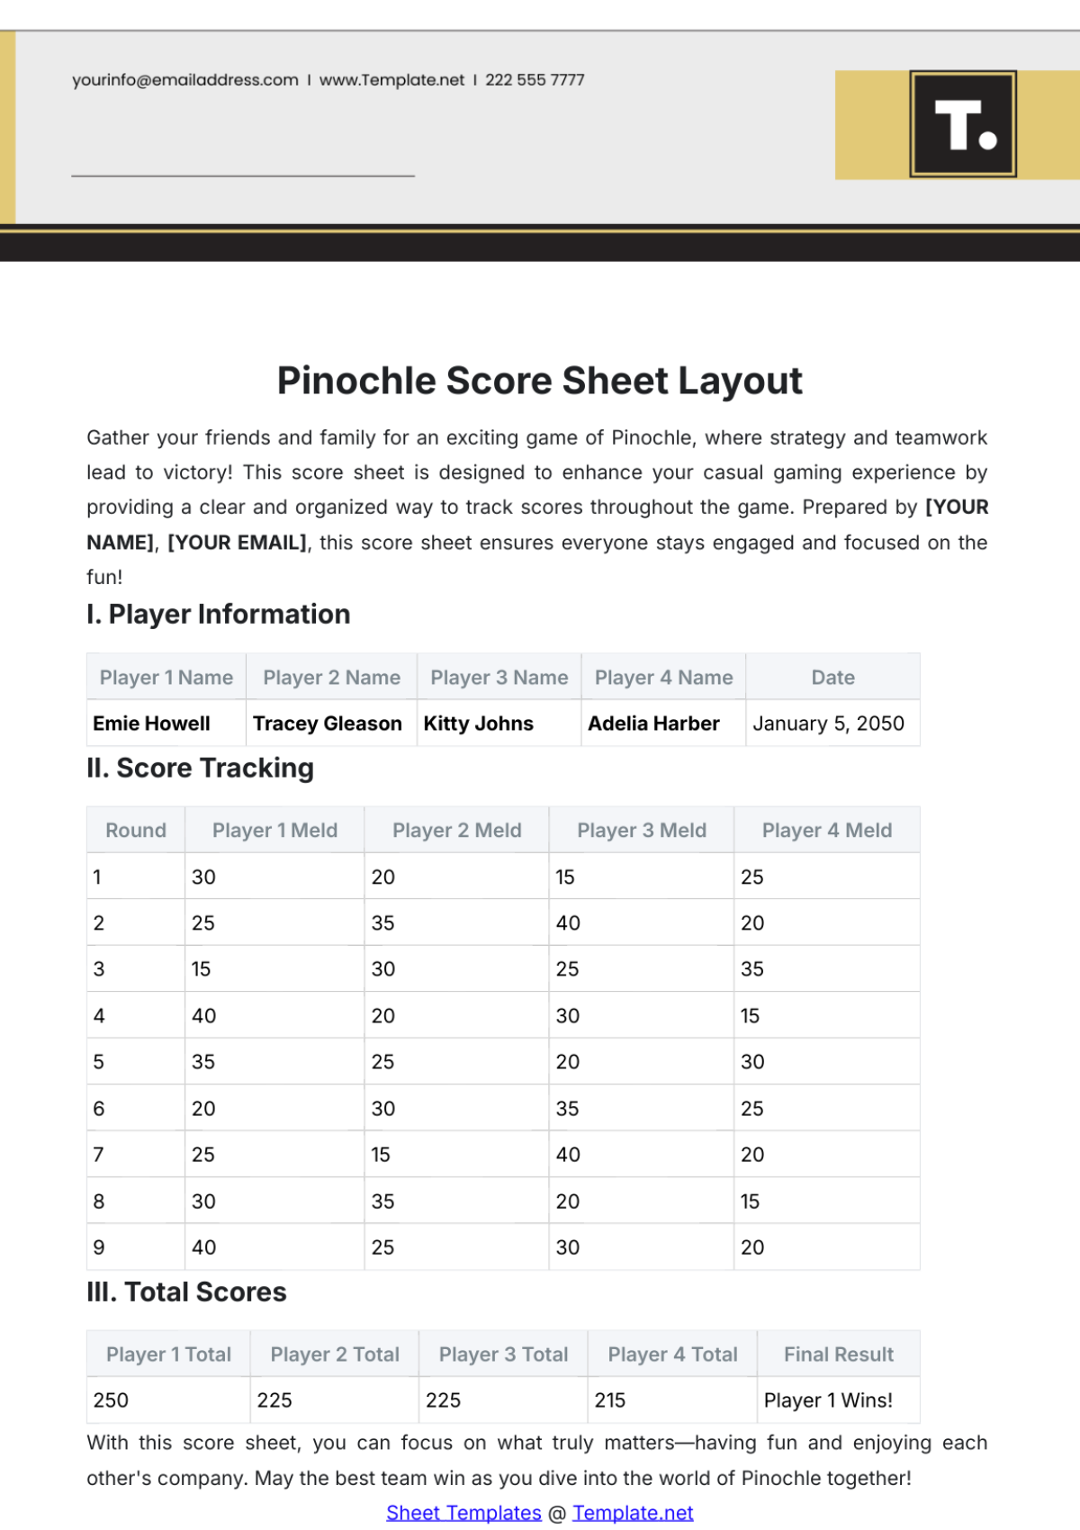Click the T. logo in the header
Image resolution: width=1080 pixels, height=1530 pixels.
pyautogui.click(x=962, y=124)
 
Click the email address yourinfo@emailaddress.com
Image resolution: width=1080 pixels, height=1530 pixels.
pyautogui.click(x=185, y=80)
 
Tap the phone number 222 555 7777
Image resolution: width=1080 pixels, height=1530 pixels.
pyautogui.click(x=535, y=80)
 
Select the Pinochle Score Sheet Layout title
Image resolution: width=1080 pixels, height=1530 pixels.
pyautogui.click(x=539, y=381)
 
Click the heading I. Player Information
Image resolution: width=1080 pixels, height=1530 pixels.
pyautogui.click(x=219, y=615)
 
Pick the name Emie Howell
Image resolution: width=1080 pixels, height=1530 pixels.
pyautogui.click(x=151, y=724)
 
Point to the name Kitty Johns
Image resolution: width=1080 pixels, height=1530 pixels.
pyautogui.click(x=478, y=724)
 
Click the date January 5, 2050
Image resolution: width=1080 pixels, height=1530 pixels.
pyautogui.click(x=828, y=724)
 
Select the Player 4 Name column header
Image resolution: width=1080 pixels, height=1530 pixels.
pyautogui.click(x=663, y=678)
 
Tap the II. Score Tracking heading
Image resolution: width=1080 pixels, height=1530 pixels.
pyautogui.click(x=200, y=769)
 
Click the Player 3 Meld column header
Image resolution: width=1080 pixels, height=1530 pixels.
pyautogui.click(x=641, y=831)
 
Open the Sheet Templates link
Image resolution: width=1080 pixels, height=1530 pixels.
pyautogui.click(x=463, y=1513)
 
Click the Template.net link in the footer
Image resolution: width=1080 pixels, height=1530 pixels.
pyautogui.click(x=633, y=1513)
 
